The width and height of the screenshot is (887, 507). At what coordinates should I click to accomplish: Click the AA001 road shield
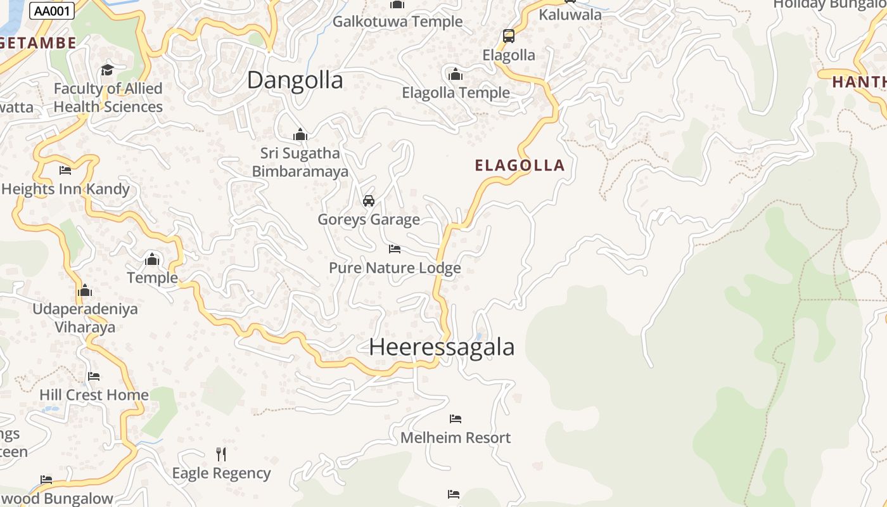52,11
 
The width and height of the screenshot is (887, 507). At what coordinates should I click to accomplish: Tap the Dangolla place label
295,80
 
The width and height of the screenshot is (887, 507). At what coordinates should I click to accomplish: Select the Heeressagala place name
442,347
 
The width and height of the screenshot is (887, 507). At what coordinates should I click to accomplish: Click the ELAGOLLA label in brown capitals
520,166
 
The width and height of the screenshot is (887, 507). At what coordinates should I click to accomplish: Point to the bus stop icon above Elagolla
509,36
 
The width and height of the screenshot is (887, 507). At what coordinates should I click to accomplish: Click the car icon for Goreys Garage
369,201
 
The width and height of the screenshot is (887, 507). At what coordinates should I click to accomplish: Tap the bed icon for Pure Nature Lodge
395,249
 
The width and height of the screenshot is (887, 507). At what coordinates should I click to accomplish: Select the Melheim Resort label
456,437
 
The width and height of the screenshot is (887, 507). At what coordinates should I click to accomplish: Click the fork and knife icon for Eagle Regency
221,454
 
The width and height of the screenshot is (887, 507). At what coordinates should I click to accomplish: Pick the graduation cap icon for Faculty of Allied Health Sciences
107,70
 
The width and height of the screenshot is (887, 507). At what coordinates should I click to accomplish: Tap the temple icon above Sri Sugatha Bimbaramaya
300,134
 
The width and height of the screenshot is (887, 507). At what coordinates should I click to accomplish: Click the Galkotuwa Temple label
398,22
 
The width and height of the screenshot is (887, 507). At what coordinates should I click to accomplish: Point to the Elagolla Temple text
456,93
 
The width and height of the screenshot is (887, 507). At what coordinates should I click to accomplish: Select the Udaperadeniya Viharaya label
85,318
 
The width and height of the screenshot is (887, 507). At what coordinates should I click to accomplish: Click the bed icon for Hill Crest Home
94,376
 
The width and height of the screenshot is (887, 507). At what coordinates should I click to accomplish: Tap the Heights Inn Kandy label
65,189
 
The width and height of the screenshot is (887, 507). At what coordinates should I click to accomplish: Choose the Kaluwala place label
570,15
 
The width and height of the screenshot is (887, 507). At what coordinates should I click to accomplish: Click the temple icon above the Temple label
152,259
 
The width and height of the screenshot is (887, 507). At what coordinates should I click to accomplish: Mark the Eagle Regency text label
221,473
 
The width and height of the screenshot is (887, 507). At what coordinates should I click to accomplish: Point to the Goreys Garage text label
369,220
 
